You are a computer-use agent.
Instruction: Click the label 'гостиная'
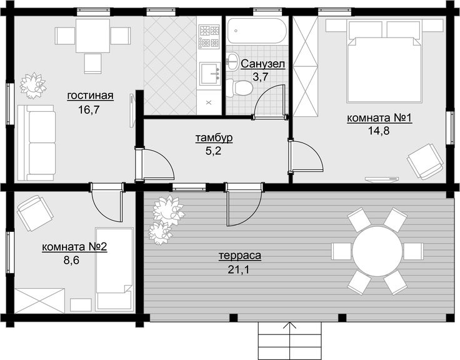(x=91, y=96)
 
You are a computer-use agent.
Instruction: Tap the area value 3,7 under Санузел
(x=261, y=77)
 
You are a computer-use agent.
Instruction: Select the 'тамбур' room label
(x=214, y=137)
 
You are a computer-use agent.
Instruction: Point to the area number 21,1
(x=239, y=269)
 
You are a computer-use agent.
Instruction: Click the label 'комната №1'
(x=379, y=118)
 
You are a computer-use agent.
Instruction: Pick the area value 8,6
(x=72, y=260)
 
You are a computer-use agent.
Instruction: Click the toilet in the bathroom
(x=239, y=87)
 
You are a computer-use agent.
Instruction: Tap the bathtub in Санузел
(x=256, y=31)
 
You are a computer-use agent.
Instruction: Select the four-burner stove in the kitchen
(x=209, y=36)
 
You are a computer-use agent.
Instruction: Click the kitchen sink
(x=210, y=73)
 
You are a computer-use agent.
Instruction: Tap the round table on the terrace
(x=377, y=251)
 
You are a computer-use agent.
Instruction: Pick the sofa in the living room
(x=36, y=142)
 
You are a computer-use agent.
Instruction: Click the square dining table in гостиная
(x=93, y=36)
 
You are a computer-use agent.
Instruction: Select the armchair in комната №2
(x=36, y=212)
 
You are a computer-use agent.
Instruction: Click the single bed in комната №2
(x=114, y=269)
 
